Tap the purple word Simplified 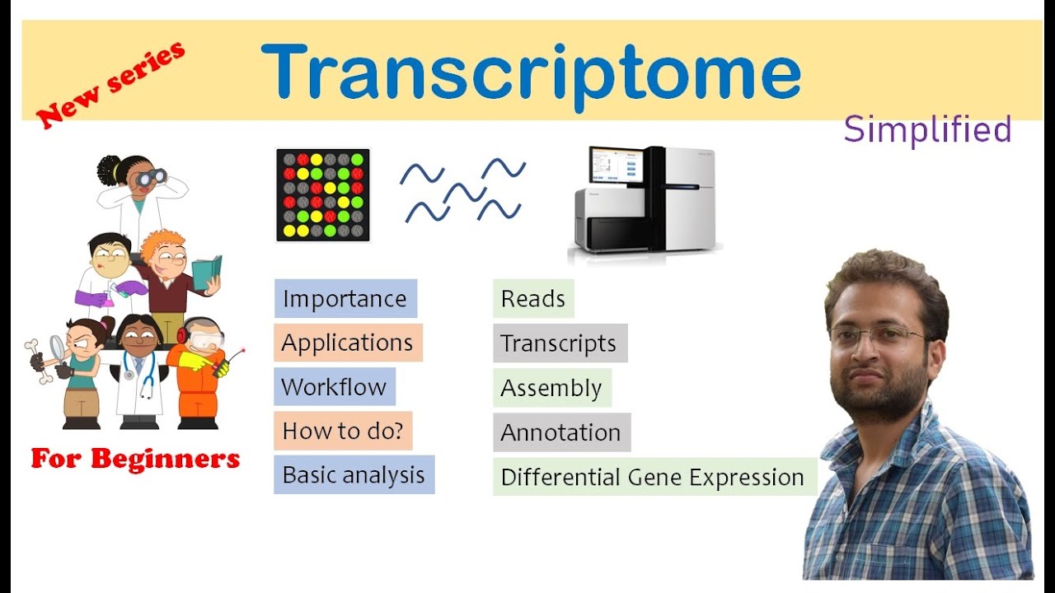pos(927,130)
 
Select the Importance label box pos(345,298)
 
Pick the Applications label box pos(347,343)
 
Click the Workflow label pos(334,387)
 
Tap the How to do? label pos(342,431)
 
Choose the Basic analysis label pos(354,475)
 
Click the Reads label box pos(532,299)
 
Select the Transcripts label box pos(559,343)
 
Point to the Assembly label pos(551,388)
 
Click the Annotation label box pos(560,432)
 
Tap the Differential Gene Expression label pos(653,477)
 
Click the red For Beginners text pos(135,459)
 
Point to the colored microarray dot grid pos(323,195)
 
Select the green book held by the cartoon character pos(206,272)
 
